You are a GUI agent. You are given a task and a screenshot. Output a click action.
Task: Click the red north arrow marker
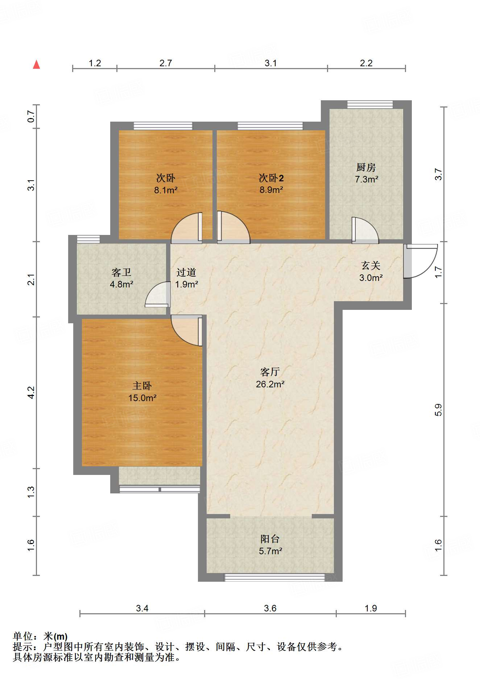36,65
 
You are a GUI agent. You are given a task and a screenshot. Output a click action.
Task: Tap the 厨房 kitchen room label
366,168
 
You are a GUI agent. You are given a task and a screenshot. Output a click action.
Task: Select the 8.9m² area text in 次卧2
271,190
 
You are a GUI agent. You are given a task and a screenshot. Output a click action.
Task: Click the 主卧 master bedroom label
142,386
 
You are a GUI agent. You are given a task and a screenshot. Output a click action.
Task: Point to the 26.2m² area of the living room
270,384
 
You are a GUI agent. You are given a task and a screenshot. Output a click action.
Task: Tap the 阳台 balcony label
270,539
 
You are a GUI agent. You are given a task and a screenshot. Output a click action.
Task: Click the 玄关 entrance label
371,266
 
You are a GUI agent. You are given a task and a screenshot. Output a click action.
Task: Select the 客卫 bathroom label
121,272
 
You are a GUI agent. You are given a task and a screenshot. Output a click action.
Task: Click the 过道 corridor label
186,272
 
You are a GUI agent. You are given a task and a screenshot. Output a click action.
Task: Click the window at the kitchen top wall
370,105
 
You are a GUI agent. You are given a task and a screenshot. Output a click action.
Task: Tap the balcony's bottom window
274,577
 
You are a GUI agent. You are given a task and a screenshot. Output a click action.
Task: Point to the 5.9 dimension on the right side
438,410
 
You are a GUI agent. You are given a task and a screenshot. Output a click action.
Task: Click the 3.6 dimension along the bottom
270,608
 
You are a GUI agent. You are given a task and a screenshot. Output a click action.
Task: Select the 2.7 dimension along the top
166,63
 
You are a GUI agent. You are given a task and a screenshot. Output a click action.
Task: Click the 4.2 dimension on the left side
31,392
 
